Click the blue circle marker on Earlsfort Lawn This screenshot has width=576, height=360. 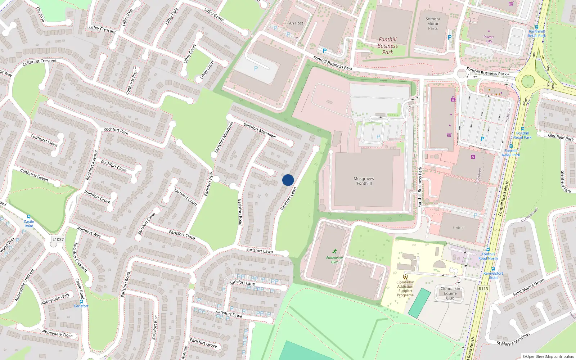pyautogui.click(x=288, y=180)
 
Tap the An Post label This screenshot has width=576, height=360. pyautogui.click(x=296, y=23)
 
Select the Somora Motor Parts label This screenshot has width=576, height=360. pyautogui.click(x=433, y=24)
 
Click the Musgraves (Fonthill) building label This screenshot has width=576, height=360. pyautogui.click(x=364, y=181)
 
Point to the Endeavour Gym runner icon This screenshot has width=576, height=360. pyautogui.click(x=335, y=251)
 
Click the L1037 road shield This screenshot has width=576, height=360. pyautogui.click(x=58, y=239)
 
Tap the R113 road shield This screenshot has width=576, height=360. pyautogui.click(x=483, y=289)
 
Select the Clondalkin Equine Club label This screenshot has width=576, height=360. pyautogui.click(x=450, y=293)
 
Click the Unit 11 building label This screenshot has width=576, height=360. pyautogui.click(x=459, y=228)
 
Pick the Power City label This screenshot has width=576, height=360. pyautogui.click(x=489, y=39)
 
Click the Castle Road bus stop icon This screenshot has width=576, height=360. pyautogui.click(x=29, y=217)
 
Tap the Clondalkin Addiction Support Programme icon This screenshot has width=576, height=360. pyautogui.click(x=405, y=277)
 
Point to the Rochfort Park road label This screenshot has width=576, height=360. pyautogui.click(x=116, y=131)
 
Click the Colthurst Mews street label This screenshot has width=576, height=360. pyautogui.click(x=44, y=140)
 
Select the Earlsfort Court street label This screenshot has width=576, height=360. pyautogui.click(x=186, y=197)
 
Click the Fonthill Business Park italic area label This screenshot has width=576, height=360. pyautogui.click(x=388, y=46)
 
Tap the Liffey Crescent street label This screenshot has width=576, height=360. pyautogui.click(x=103, y=30)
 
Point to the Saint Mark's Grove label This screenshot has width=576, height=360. pyautogui.click(x=528, y=288)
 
